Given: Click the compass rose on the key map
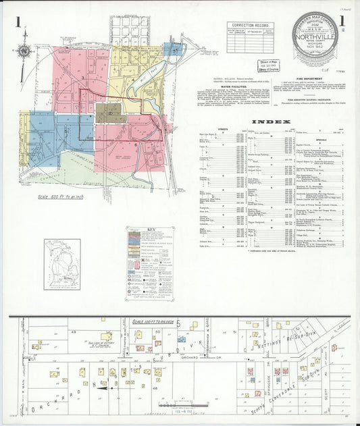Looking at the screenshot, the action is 25,50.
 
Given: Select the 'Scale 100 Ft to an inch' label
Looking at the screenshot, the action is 153,321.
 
